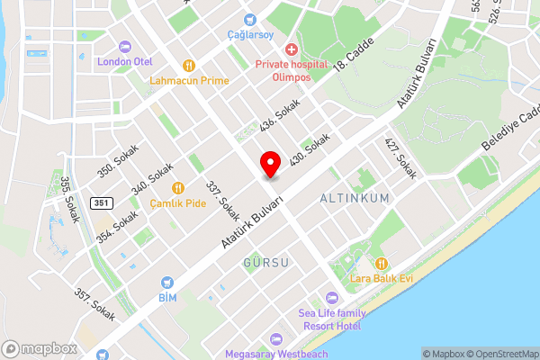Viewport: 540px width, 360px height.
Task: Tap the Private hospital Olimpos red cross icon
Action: [x=291, y=49]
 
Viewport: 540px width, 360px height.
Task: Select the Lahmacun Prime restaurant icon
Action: [x=189, y=65]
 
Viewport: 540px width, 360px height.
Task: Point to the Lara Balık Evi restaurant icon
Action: [x=381, y=264]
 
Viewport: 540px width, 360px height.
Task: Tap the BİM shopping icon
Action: [x=167, y=282]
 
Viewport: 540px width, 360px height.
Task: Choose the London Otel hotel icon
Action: [x=125, y=46]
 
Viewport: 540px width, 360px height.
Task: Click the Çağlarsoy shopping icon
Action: [x=249, y=18]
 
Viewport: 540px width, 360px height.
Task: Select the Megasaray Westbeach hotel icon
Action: [x=276, y=339]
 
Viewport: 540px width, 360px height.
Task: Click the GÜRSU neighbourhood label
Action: [x=265, y=262]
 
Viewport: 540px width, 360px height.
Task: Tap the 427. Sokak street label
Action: [x=401, y=158]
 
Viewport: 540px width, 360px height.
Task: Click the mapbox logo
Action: [x=39, y=347]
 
